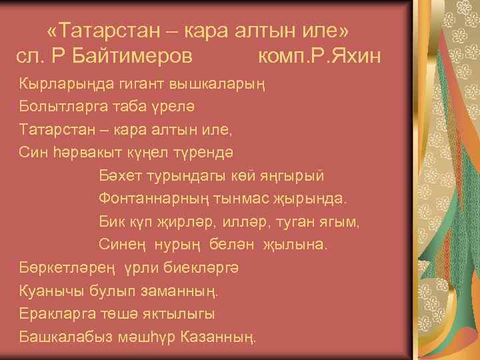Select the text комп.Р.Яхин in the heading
click(319, 55)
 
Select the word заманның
click(187, 290)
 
